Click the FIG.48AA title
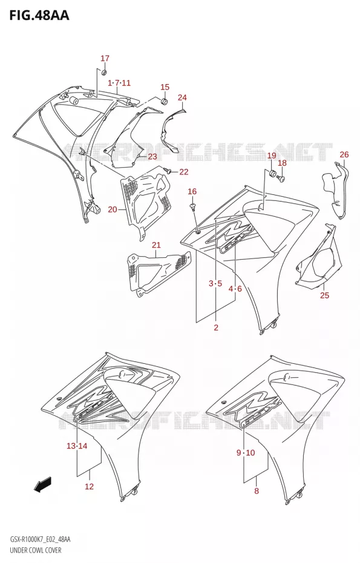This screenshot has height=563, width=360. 39,16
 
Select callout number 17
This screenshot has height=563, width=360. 105,58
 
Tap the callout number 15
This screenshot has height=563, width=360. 165,87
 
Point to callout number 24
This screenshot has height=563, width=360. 182,97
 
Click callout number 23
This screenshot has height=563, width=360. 152,156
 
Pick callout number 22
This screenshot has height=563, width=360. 184,172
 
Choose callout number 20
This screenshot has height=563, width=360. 113,209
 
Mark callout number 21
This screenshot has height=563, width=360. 156,245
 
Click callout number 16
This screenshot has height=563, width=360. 192,191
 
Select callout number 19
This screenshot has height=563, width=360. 272,156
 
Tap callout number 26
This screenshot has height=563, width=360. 344,154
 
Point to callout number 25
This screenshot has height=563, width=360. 324,295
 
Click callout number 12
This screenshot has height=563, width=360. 89,487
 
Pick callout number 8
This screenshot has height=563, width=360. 257,491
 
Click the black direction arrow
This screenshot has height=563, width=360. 43,484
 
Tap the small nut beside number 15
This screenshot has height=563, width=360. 165,100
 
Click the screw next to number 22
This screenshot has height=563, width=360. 167,169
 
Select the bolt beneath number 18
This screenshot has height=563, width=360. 281,177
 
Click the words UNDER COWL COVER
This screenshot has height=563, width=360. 36,550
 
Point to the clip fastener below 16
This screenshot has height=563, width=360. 194,207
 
